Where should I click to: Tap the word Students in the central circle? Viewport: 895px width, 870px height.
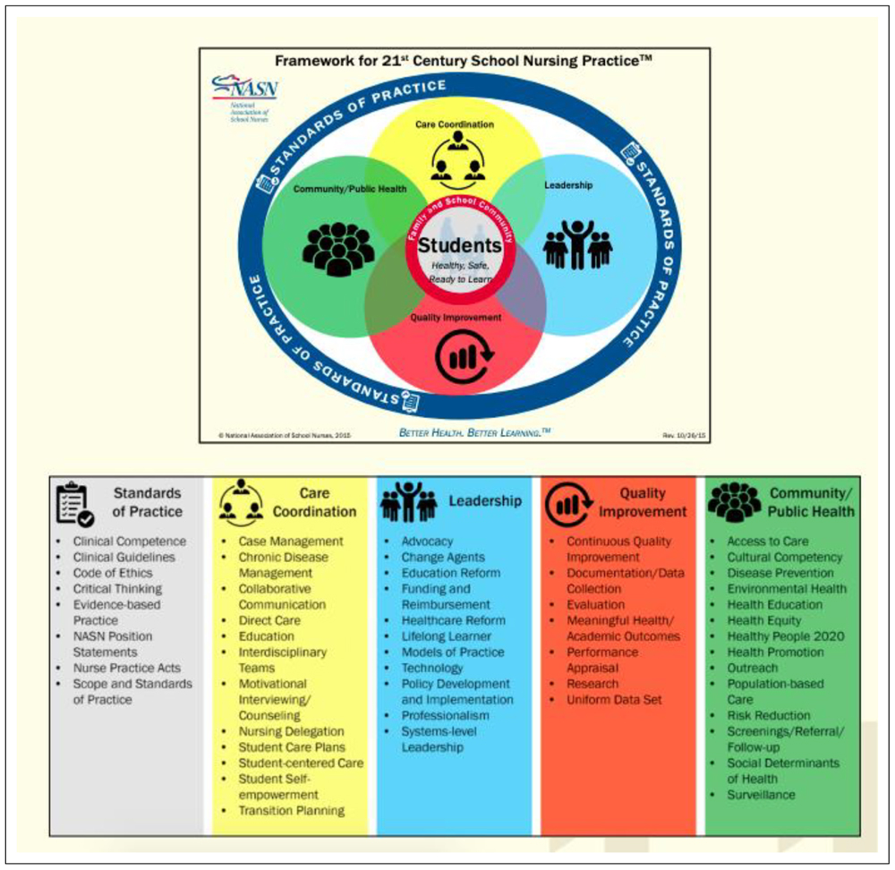(x=460, y=245)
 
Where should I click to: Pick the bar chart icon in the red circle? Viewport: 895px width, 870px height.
(x=462, y=356)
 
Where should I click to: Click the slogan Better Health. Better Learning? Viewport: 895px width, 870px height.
(x=474, y=432)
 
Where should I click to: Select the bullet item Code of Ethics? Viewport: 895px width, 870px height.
(x=113, y=573)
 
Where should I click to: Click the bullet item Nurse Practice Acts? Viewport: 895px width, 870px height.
(x=126, y=668)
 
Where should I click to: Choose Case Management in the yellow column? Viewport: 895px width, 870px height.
(x=291, y=542)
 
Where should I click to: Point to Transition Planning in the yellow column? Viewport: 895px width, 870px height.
(x=291, y=811)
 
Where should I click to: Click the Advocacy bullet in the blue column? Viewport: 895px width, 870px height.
(x=427, y=542)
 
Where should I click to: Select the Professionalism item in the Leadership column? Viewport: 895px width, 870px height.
(x=446, y=716)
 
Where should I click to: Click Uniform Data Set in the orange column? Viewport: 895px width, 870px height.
(x=614, y=700)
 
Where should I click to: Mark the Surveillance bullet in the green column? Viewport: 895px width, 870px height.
(x=761, y=795)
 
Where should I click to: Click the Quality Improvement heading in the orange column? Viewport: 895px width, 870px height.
(x=643, y=502)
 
